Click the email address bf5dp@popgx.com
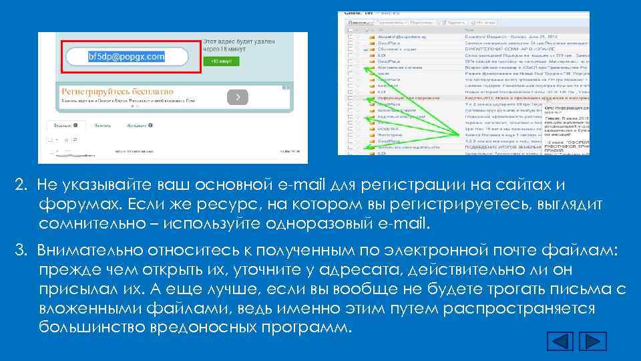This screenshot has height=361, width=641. tap(126, 57)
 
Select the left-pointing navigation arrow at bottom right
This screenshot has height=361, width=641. tap(561, 342)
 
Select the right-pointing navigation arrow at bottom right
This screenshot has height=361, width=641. tap(593, 342)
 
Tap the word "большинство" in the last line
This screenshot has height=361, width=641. tap(90, 328)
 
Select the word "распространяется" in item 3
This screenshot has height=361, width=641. tap(520, 309)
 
